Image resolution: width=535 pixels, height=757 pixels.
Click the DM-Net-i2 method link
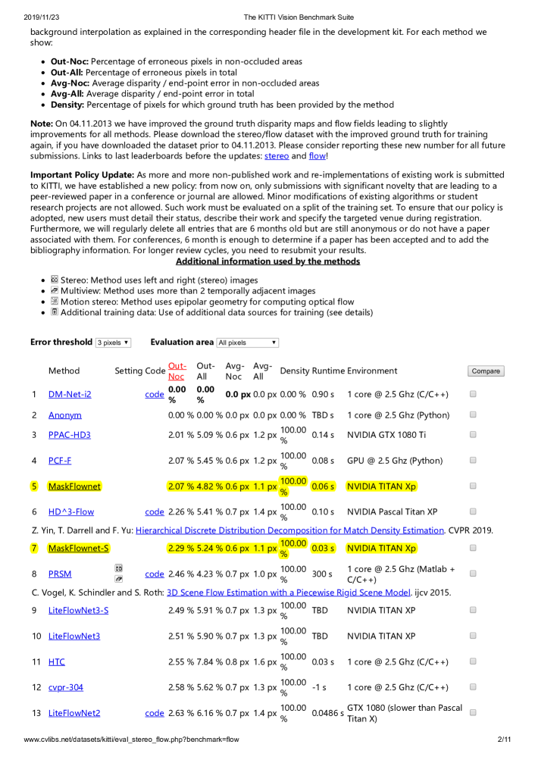point(70,394)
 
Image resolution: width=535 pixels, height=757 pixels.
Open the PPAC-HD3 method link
point(69,435)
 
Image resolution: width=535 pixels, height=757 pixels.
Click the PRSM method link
point(61,574)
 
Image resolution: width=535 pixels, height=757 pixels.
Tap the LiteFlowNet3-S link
point(78,610)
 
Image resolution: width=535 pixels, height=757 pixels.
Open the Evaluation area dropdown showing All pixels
point(247,343)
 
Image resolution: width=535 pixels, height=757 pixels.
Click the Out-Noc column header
point(176,371)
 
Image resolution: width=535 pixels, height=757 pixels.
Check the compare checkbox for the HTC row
point(473,661)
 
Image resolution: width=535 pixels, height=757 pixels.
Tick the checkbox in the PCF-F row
point(473,460)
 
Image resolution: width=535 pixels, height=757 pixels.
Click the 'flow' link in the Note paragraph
point(316,156)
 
